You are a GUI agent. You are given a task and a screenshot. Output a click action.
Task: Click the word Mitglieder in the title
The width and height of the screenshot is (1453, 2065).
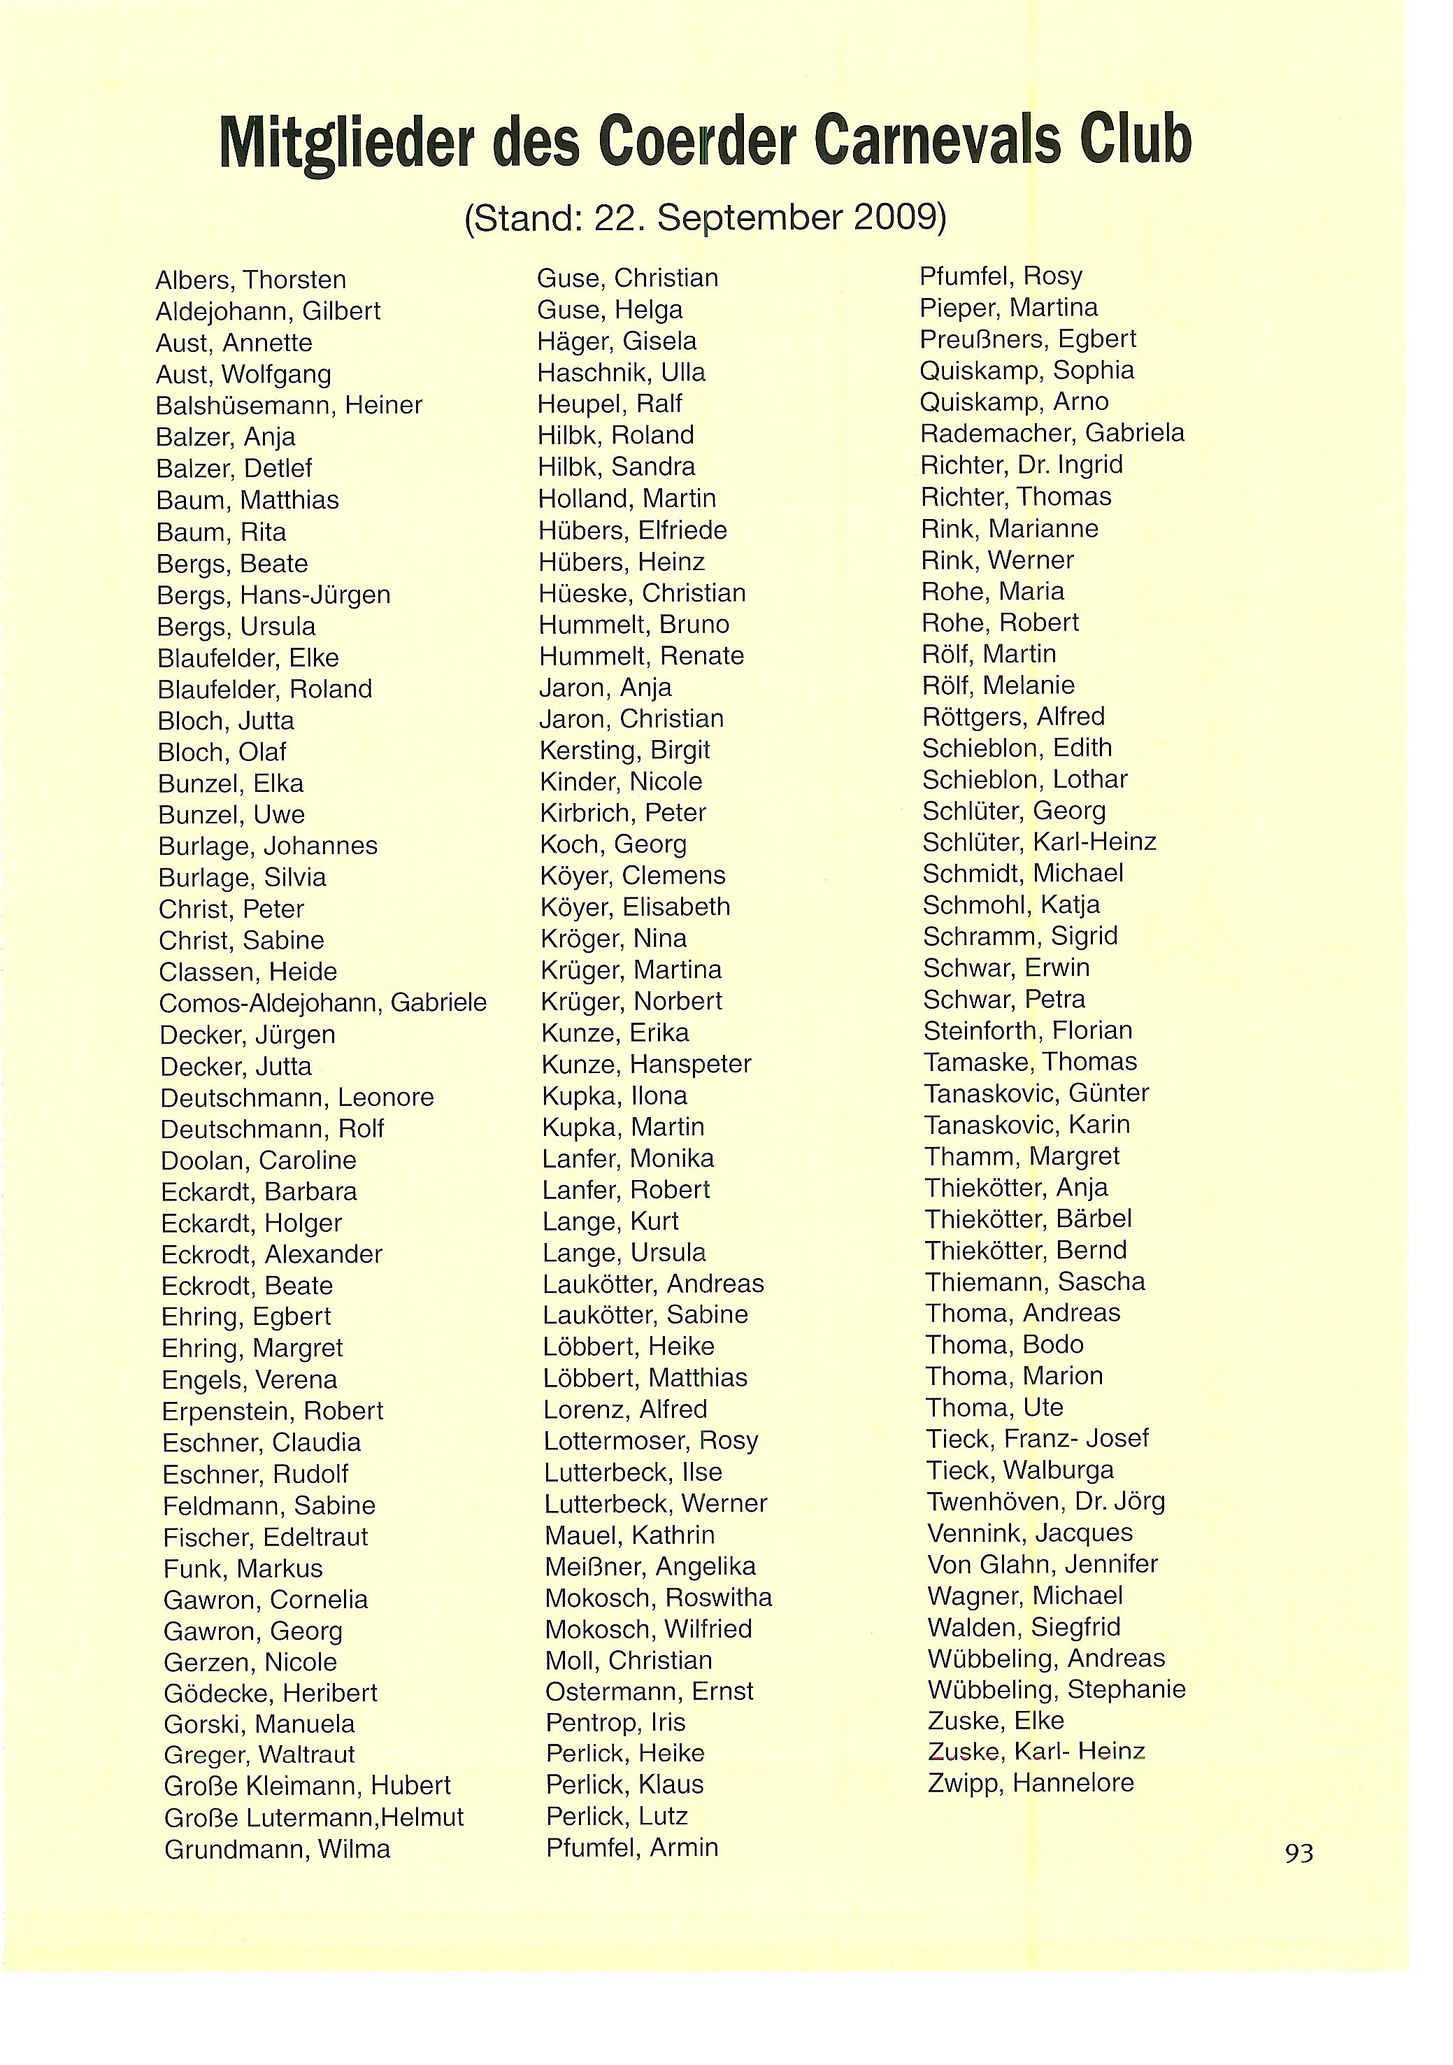(347, 143)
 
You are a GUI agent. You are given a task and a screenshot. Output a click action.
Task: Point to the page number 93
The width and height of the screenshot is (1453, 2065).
(1299, 1853)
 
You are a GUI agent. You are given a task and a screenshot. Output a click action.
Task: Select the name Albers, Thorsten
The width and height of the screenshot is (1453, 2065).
(251, 280)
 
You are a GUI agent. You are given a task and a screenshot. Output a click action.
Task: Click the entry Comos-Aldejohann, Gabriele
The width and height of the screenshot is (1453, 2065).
(323, 1003)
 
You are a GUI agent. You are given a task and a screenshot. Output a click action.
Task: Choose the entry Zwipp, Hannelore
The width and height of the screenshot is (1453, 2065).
(1031, 1782)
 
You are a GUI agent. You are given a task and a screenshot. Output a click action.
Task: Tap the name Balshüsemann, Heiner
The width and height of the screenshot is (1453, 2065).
(289, 406)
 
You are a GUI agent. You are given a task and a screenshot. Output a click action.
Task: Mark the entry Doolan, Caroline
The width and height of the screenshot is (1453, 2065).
(259, 1161)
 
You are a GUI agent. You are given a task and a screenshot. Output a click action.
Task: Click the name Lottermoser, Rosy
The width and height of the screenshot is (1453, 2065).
(651, 1441)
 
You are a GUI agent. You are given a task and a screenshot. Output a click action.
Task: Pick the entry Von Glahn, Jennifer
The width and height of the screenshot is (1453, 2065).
(1042, 1564)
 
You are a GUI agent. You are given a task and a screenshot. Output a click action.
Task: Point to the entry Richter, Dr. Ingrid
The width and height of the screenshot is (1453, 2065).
(1022, 465)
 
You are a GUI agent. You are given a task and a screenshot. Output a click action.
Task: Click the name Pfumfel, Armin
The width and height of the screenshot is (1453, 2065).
(632, 1847)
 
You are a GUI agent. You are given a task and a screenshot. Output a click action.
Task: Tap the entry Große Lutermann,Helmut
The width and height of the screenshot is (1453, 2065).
(314, 1817)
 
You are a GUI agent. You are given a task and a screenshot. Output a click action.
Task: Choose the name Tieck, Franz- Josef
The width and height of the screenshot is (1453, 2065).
(1038, 1438)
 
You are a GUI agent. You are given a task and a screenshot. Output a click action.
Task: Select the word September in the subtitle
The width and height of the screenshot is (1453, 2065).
(751, 218)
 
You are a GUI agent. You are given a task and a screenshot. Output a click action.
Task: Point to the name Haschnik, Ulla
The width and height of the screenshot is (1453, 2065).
(622, 372)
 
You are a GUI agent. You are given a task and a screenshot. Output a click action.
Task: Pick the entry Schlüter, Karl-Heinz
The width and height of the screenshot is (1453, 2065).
(1039, 842)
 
